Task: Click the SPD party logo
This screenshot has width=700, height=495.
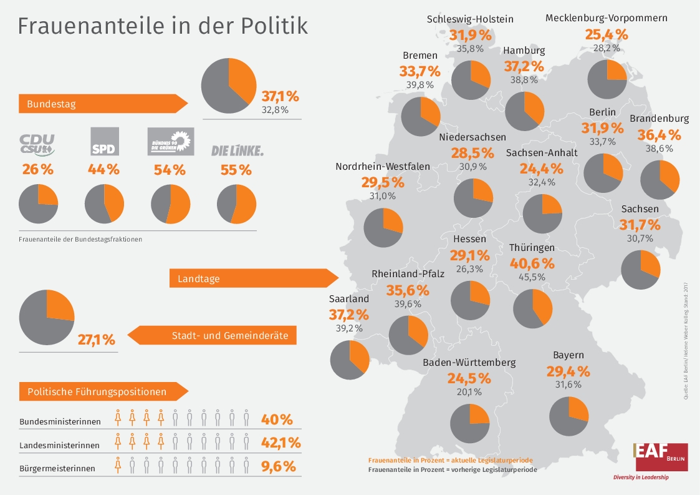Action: [x=105, y=141]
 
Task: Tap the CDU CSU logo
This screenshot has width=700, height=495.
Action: [x=38, y=144]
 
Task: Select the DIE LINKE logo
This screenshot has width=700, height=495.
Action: [x=237, y=150]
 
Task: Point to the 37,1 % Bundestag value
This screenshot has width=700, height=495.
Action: [x=280, y=97]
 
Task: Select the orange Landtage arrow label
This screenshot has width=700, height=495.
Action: [x=252, y=278]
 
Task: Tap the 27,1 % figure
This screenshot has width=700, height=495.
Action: [x=97, y=340]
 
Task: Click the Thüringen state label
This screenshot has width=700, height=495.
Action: [x=532, y=248]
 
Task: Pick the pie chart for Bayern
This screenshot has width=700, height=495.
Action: [x=569, y=416]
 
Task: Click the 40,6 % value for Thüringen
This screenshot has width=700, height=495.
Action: [x=532, y=263]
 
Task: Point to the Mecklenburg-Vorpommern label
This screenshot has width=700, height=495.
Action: [x=606, y=17]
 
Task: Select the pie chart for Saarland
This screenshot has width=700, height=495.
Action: [x=350, y=360]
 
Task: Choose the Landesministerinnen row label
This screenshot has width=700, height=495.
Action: [x=60, y=445]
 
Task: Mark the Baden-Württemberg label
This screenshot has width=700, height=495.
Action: [x=469, y=363]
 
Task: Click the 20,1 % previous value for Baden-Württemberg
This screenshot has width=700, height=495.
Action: [x=469, y=392]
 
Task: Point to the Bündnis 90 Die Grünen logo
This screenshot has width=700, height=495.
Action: [x=170, y=142]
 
